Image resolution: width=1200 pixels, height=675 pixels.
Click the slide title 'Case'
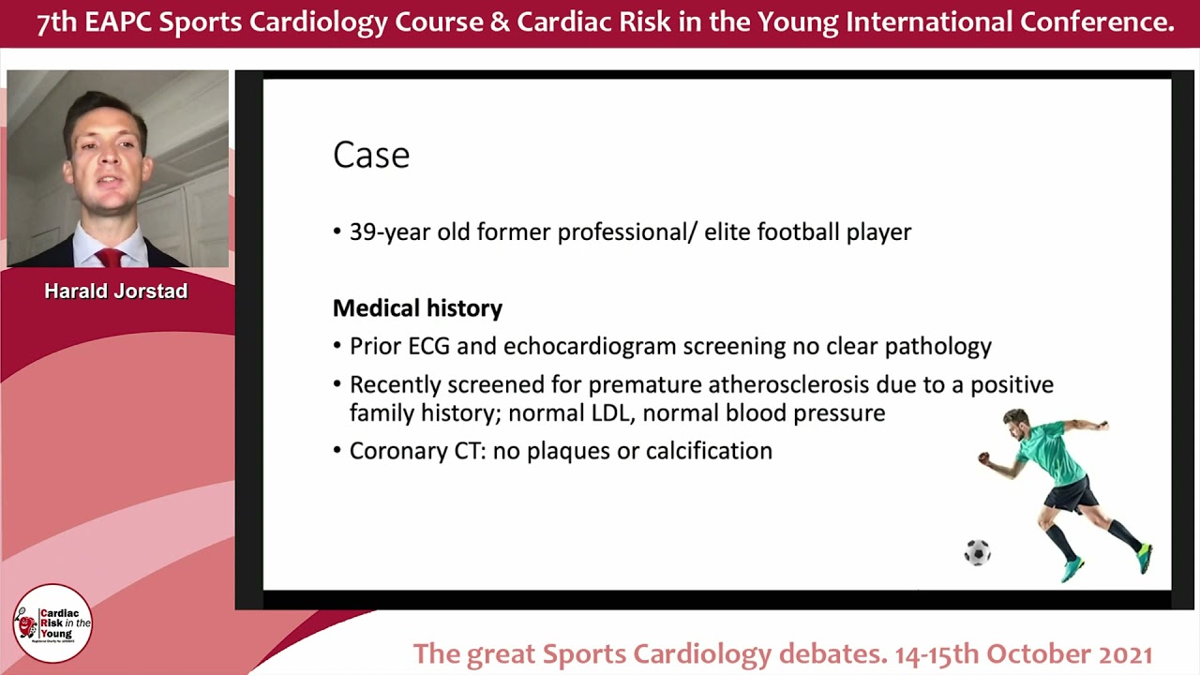[371, 156]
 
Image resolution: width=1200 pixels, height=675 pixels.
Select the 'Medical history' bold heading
[417, 307]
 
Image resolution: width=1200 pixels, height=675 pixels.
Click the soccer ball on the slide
[977, 552]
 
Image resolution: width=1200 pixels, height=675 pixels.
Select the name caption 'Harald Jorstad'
[116, 292]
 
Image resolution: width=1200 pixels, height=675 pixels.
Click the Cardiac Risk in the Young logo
[52, 622]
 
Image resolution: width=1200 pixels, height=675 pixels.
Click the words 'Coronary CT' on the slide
[416, 451]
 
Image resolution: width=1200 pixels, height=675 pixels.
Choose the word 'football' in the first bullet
[783, 232]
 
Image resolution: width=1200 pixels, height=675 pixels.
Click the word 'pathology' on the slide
[937, 347]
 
